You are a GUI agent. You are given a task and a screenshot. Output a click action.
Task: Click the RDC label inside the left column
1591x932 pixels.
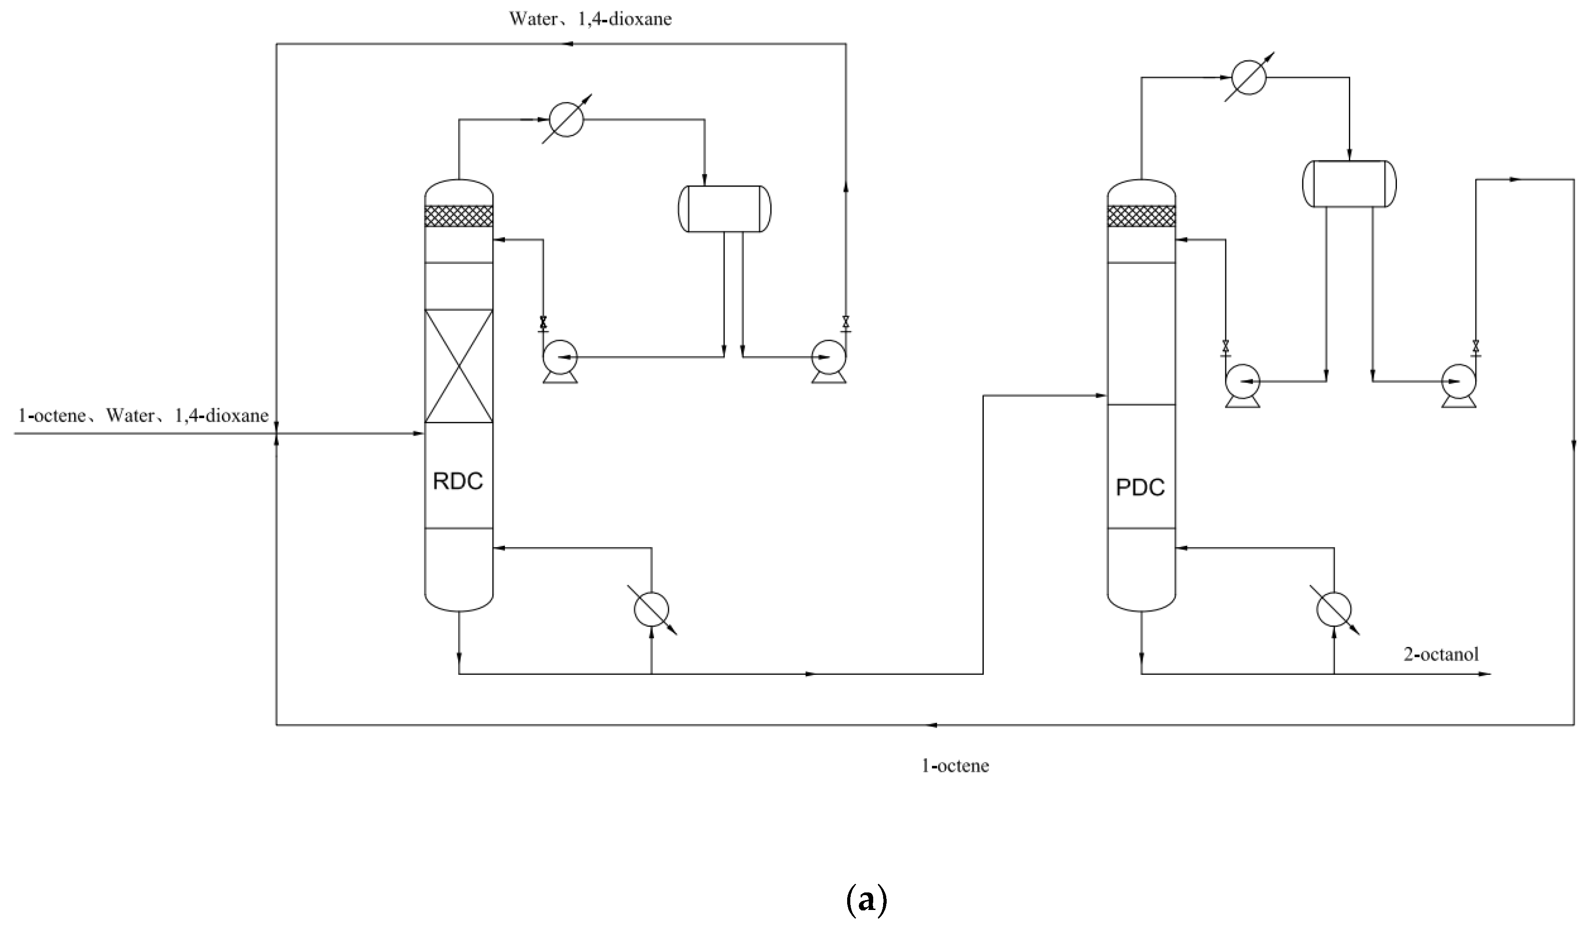click(x=458, y=481)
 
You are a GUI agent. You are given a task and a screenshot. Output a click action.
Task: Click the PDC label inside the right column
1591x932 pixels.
click(x=1140, y=487)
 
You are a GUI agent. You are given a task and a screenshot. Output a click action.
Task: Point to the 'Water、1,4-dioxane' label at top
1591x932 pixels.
click(x=590, y=19)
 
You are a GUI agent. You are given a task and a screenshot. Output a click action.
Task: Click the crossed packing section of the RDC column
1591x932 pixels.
click(x=458, y=366)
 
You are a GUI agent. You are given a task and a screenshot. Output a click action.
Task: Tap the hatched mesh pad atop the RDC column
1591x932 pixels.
click(x=458, y=216)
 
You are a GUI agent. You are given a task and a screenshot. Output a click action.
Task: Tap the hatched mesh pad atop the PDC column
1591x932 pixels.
click(x=1141, y=216)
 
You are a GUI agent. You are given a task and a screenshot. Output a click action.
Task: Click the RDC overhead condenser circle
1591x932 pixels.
click(x=566, y=119)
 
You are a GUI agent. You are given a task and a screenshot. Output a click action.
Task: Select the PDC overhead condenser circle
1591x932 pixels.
click(x=1249, y=77)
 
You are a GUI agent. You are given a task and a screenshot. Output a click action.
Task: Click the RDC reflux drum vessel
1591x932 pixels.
click(x=724, y=209)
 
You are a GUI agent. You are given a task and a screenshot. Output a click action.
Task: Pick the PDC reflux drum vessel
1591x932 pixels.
click(x=1350, y=184)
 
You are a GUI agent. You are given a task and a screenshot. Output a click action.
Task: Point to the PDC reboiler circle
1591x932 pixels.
click(x=1334, y=609)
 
